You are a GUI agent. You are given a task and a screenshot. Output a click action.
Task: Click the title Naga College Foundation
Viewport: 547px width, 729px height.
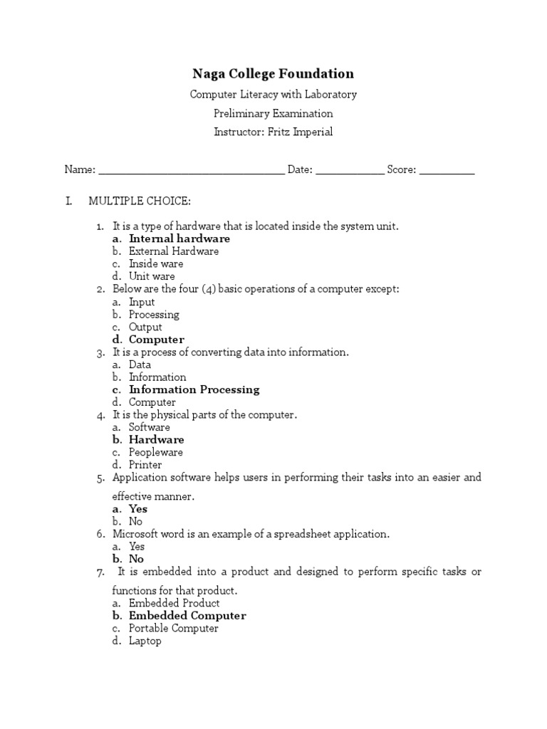(273, 74)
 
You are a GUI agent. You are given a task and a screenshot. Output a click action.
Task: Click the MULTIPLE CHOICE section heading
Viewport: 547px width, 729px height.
(140, 201)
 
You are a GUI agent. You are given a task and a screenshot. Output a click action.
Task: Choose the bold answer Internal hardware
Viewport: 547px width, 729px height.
(179, 239)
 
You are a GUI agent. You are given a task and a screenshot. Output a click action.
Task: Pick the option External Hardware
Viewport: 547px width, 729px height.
(174, 251)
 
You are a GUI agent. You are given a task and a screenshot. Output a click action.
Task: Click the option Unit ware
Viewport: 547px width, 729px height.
(152, 276)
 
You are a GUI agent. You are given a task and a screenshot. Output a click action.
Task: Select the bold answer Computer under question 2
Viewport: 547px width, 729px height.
(157, 340)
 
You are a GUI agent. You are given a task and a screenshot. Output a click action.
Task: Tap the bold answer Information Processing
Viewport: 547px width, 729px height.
(194, 389)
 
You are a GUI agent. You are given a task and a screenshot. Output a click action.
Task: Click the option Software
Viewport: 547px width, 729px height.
(150, 427)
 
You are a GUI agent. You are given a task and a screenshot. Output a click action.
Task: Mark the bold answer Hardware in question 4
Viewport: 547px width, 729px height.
(157, 440)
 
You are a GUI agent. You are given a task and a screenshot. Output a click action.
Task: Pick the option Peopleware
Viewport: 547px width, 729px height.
(156, 452)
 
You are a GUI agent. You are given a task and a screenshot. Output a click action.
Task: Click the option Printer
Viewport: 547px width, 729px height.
(145, 465)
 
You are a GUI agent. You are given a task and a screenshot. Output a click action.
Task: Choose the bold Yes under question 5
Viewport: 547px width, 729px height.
(138, 509)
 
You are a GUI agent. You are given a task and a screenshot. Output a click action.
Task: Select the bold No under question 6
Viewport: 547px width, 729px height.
(136, 560)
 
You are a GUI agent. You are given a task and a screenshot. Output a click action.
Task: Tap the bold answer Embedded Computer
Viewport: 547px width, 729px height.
(187, 616)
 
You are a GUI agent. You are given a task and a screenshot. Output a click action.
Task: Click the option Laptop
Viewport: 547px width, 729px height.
(145, 641)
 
